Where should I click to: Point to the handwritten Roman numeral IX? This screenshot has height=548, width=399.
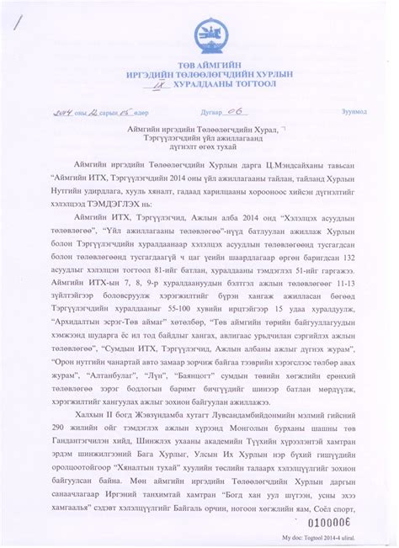(x=157, y=86)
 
